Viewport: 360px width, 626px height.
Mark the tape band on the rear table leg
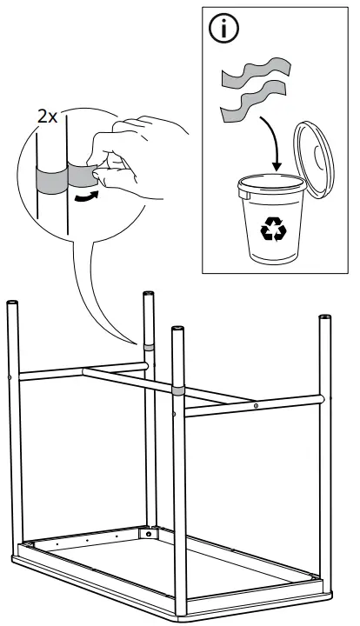(x=149, y=347)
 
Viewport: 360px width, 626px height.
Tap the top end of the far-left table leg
(x=13, y=303)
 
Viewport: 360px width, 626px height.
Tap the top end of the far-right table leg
(x=325, y=317)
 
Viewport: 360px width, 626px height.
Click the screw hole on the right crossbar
(x=256, y=405)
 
